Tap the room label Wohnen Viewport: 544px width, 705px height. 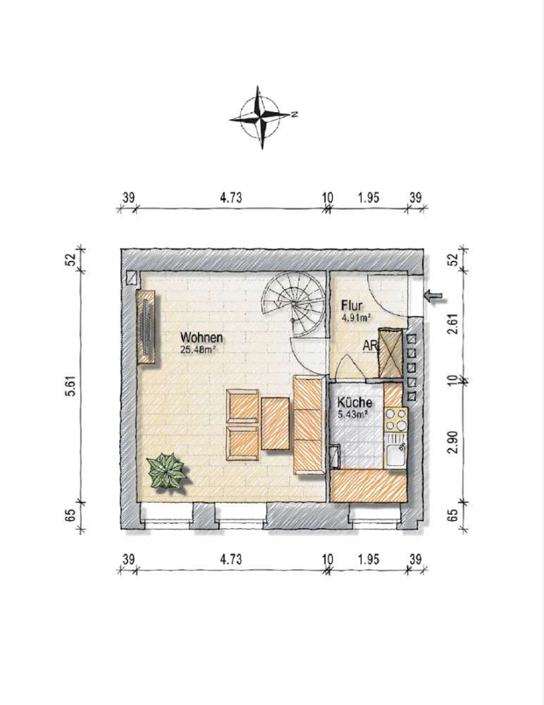tap(201, 337)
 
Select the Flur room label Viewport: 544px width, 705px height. tap(351, 305)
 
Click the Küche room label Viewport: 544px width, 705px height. tap(355, 402)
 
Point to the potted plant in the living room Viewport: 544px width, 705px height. tap(167, 472)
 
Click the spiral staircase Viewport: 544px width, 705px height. tap(294, 305)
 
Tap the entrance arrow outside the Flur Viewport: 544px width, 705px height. tap(434, 295)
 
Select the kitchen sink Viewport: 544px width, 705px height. tap(396, 455)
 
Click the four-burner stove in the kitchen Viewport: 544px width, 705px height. tap(396, 420)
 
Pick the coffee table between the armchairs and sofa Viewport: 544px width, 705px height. tap(275, 424)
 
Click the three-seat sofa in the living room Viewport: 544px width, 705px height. tap(308, 425)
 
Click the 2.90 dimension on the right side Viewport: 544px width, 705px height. tap(454, 442)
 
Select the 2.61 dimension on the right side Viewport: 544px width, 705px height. tap(454, 323)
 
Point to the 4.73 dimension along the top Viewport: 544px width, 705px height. tap(231, 197)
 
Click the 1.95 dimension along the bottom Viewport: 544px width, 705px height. tap(369, 559)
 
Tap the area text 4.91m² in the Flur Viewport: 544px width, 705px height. tap(356, 318)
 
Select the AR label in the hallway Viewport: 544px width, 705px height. tap(370, 346)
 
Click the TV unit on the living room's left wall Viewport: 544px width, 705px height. tap(146, 327)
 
